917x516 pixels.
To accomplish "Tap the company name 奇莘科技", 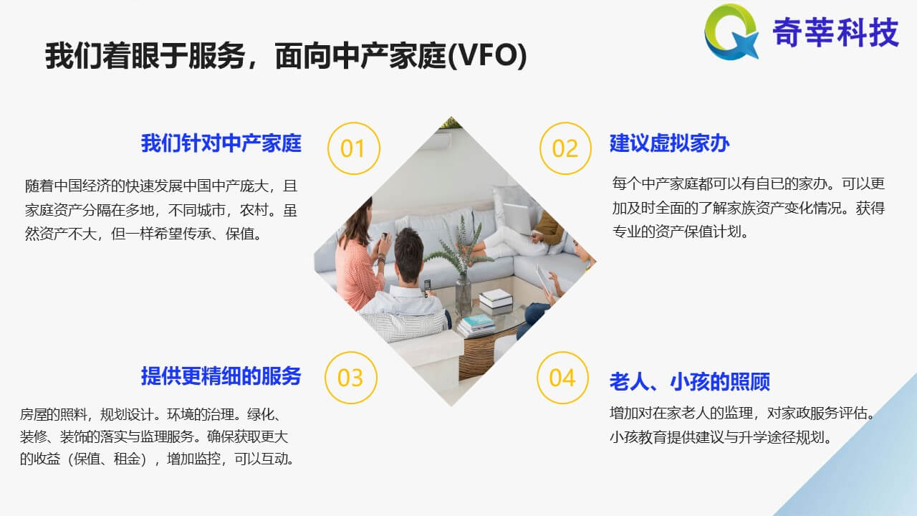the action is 835,32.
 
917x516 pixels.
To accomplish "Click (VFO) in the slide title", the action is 487,56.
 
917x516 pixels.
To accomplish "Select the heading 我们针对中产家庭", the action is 221,143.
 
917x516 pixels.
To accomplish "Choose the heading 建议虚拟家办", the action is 669,143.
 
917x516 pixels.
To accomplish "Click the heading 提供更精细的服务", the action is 221,376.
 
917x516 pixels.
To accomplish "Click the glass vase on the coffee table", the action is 464,294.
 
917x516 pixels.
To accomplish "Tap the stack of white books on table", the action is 496,300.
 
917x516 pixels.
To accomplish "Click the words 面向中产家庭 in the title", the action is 361,56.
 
